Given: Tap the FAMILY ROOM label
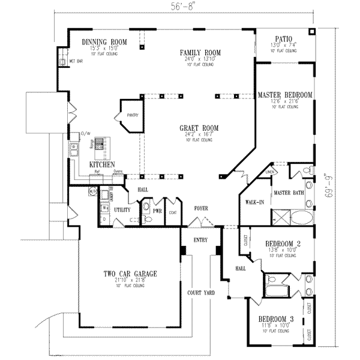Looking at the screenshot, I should coord(200,53).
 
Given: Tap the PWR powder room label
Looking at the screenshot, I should coord(158,211).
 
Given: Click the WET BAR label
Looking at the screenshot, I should coord(76,61).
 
